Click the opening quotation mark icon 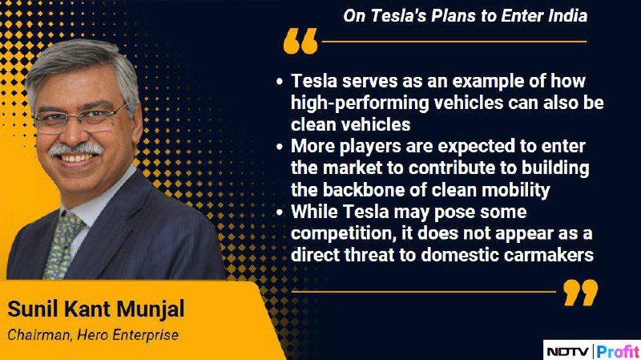300,41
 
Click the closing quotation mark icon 580,293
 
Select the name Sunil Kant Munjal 96,309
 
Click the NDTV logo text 568,351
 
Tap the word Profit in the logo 617,351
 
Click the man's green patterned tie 62,245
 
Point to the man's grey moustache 75,148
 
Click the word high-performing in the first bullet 360,103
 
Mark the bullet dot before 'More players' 280,147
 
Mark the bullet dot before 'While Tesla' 280,212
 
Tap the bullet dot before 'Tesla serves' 280,81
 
